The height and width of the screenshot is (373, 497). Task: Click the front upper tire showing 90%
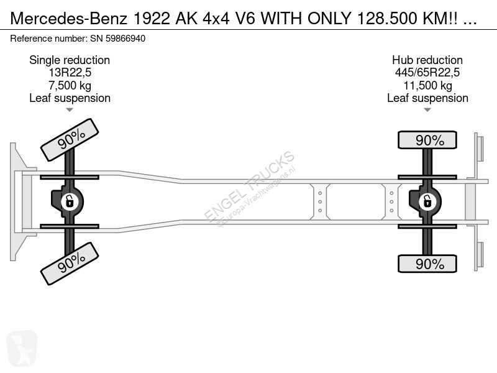[70, 140]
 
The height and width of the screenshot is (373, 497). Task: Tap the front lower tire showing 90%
[70, 264]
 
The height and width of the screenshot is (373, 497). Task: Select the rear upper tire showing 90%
[427, 140]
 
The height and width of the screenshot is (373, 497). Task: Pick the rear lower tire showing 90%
[427, 264]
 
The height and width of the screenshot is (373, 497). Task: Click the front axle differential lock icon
[70, 201]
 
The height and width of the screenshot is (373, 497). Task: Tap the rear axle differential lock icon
[427, 201]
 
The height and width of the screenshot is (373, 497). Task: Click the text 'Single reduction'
[70, 60]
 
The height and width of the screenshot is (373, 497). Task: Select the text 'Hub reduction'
[427, 60]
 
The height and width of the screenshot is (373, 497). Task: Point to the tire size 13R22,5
[70, 73]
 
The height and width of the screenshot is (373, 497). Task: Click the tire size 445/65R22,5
[427, 73]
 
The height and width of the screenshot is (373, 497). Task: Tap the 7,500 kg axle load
[70, 85]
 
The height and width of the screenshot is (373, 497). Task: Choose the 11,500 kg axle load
[427, 85]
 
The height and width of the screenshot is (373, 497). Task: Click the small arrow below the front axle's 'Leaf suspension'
[70, 110]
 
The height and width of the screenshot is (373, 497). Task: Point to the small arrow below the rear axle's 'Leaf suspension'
[427, 110]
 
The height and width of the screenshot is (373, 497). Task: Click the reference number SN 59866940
[118, 39]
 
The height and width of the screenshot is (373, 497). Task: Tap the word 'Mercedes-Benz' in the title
[69, 19]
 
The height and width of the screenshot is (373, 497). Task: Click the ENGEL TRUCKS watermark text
[250, 186]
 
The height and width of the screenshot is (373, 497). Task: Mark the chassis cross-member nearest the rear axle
[392, 201]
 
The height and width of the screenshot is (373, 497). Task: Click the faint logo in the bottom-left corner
[22, 348]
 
